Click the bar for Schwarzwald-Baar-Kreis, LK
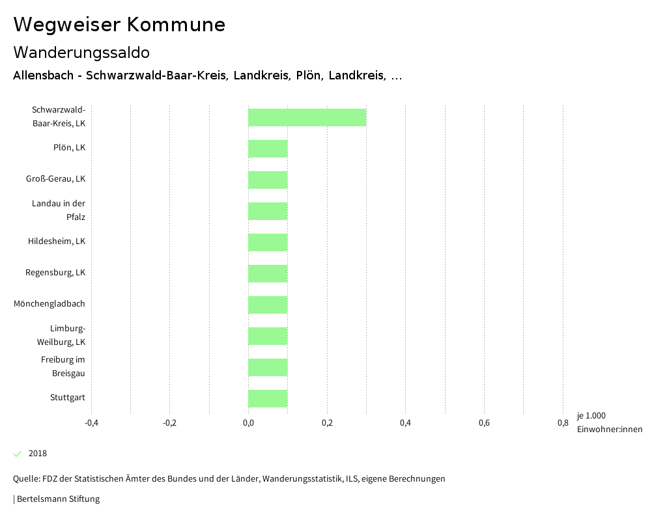tap(307, 117)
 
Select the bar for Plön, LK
tap(268, 148)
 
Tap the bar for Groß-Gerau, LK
tap(268, 180)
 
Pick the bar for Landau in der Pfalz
tap(268, 211)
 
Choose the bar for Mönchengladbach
tap(268, 305)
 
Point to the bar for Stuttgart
tap(268, 398)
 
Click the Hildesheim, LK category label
tap(57, 241)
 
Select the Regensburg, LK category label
tap(55, 273)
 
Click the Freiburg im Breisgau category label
tap(63, 366)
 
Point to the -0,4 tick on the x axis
tap(91, 423)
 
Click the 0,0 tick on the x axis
tap(248, 423)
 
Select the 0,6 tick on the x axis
tap(484, 423)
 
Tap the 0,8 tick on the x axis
tap(563, 423)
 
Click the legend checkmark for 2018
tap(18, 454)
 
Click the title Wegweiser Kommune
tap(119, 25)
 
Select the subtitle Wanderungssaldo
tap(81, 52)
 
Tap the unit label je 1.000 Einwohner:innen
tap(609, 422)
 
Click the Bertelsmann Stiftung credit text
tap(58, 499)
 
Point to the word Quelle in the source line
tap(25, 479)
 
